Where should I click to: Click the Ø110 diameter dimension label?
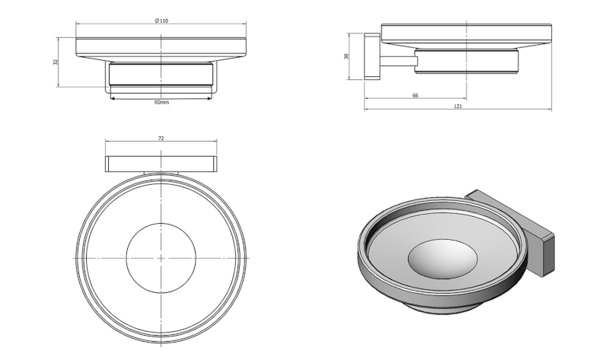coord(161,21)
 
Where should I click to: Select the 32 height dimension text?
coord(56,62)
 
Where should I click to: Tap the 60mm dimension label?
coord(161,102)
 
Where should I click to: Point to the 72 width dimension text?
coord(161,139)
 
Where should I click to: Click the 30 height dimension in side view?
coord(346,56)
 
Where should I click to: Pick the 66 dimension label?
coord(415,96)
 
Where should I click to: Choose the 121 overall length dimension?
coord(458,107)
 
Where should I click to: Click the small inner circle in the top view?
coord(161,223)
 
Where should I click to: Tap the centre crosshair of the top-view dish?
coord(161,258)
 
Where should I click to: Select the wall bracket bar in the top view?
coord(161,164)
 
